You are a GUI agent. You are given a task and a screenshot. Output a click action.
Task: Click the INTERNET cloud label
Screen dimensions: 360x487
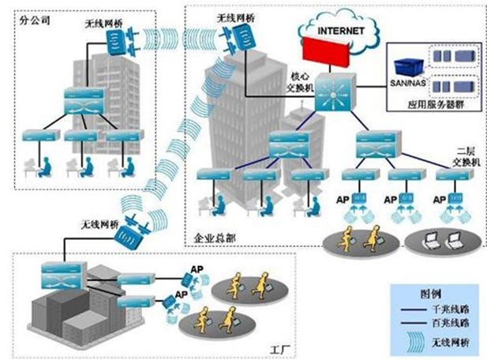[342, 31]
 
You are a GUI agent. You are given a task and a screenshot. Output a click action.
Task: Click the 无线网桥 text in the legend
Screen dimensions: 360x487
[449, 340]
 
